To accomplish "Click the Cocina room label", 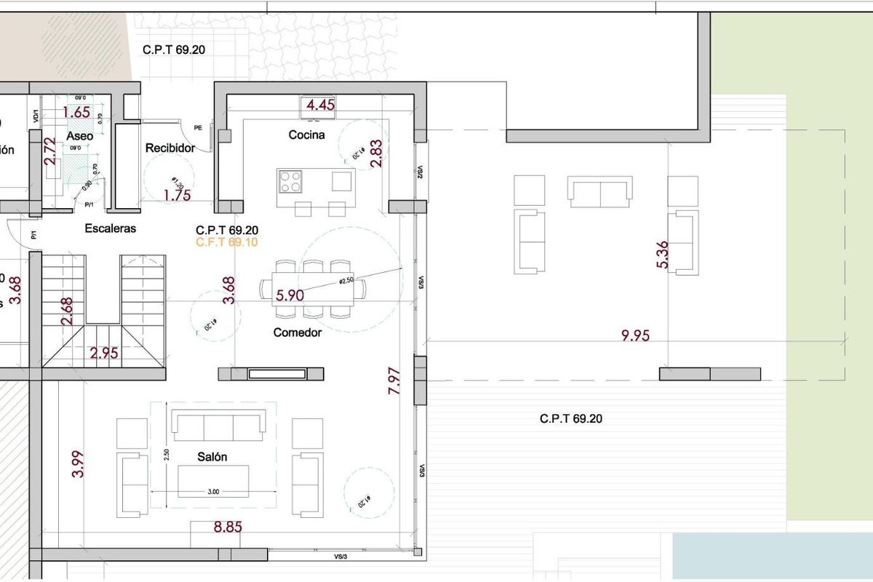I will (306, 135).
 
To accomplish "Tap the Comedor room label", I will (298, 332).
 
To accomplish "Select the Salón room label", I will (212, 457).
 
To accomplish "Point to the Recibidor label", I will (170, 148).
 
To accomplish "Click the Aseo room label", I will (79, 136).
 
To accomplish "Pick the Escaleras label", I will (111, 228).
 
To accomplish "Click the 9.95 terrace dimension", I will (635, 335).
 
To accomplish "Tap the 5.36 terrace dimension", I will (662, 255).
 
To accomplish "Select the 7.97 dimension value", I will (394, 381).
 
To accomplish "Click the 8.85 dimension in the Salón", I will (228, 527).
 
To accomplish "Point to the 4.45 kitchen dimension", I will (320, 105).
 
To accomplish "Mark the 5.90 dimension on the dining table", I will (290, 295).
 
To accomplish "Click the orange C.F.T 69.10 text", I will (227, 242).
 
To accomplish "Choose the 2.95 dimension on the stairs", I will (104, 354).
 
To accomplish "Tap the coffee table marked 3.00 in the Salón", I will (214, 481).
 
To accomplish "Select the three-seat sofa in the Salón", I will (218, 425).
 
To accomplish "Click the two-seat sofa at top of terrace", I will (599, 191).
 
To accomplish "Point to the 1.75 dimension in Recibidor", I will (177, 195).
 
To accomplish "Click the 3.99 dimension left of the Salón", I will (78, 465).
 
